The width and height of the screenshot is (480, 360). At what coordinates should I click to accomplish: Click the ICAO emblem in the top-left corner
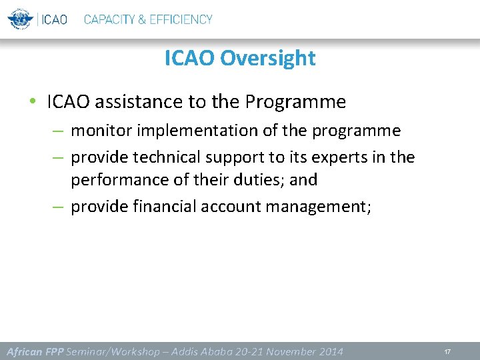tap(20, 19)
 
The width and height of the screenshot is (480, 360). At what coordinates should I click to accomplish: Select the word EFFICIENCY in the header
tap(181, 19)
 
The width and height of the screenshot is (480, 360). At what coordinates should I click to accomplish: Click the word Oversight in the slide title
tap(267, 59)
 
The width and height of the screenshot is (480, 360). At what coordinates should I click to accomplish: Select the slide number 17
tap(447, 351)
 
